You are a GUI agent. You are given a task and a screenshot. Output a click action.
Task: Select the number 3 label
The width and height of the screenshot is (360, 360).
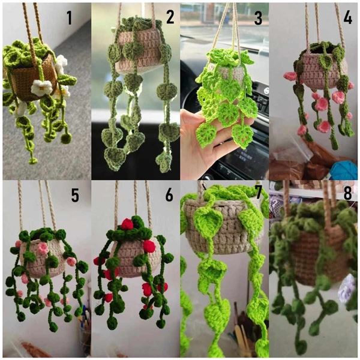259,18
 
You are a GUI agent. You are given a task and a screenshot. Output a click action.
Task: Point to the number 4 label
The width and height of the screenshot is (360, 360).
347,18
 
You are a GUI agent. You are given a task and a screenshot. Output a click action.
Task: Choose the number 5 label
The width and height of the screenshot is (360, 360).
75,195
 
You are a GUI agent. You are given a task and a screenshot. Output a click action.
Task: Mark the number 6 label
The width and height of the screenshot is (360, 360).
169,195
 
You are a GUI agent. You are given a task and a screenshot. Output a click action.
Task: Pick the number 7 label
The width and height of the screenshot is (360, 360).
259,195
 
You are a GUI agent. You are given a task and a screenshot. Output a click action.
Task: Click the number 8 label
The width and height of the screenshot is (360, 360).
347,195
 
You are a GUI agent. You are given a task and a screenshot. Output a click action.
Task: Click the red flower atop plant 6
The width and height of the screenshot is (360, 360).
127,224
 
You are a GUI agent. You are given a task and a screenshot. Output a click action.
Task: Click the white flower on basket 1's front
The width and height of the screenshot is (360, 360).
41,88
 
